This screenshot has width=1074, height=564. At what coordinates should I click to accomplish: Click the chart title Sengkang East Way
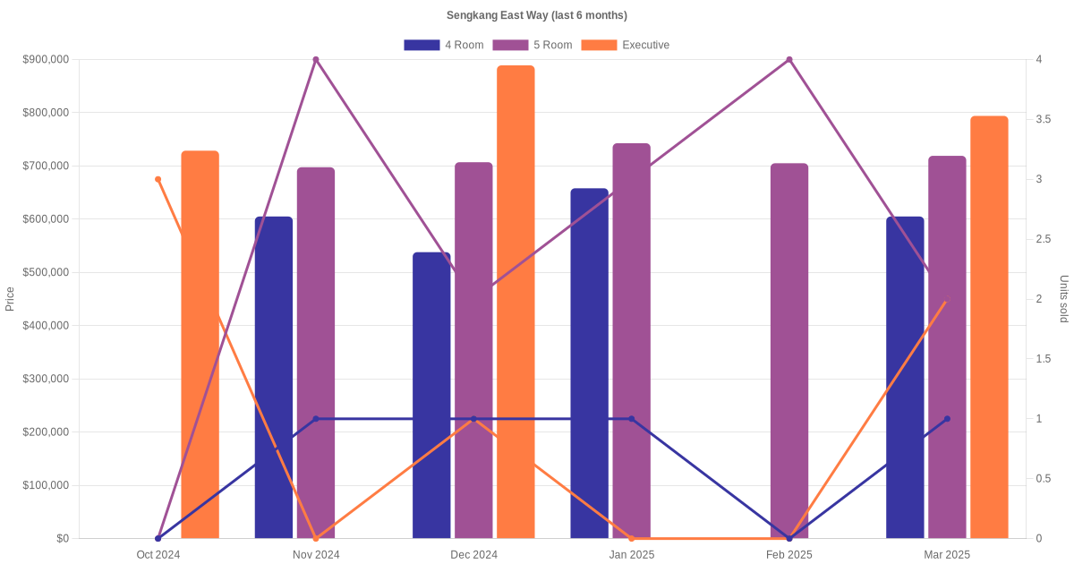(x=536, y=15)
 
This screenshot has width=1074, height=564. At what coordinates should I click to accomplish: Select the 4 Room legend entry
(x=443, y=45)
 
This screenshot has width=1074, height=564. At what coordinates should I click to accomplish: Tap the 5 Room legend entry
(x=532, y=45)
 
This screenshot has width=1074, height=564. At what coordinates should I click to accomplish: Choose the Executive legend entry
(x=625, y=45)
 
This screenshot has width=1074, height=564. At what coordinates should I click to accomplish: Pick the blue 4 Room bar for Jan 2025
(x=589, y=363)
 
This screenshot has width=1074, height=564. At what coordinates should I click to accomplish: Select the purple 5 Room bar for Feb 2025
(x=789, y=350)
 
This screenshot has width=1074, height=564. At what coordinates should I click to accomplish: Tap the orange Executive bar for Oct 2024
(x=200, y=344)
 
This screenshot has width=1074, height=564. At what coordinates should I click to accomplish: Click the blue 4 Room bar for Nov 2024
(x=274, y=377)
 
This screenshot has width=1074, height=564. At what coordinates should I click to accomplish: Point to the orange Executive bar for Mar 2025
(x=989, y=327)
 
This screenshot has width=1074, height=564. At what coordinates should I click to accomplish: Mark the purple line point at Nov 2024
(x=316, y=60)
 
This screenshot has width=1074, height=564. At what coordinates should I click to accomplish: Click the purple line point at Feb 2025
(x=789, y=60)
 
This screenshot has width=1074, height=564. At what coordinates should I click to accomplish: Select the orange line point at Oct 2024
(x=158, y=179)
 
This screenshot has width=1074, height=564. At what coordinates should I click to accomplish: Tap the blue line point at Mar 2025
(x=947, y=419)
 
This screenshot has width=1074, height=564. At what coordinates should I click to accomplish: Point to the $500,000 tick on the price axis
(x=46, y=272)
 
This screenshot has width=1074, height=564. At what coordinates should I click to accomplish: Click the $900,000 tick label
(x=46, y=60)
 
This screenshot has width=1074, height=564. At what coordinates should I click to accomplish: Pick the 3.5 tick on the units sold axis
(x=1044, y=119)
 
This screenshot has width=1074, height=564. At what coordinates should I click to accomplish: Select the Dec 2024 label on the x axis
(x=473, y=555)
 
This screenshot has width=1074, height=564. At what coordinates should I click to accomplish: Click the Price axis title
(x=10, y=298)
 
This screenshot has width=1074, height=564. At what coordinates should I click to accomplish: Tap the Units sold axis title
(x=1063, y=298)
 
